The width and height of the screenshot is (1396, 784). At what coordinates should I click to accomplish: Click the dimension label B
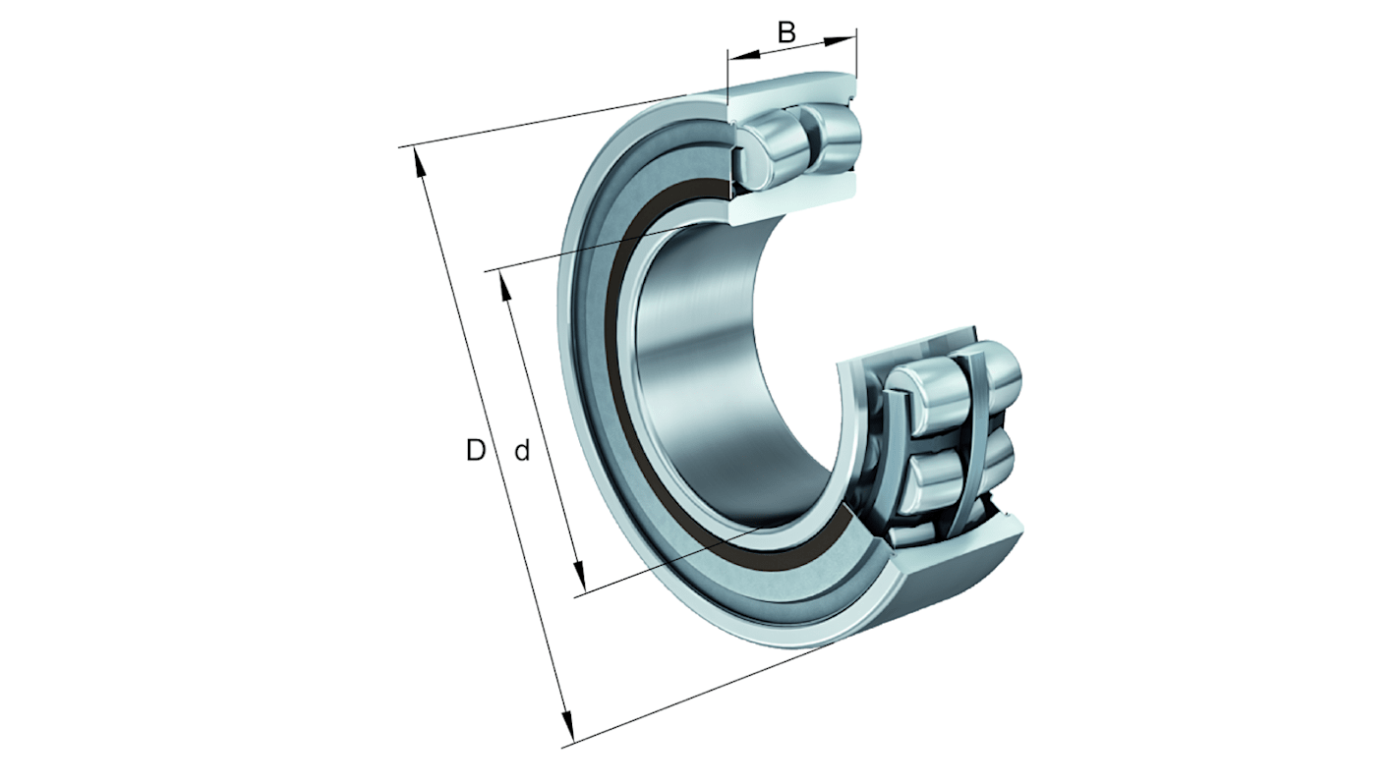[786, 31]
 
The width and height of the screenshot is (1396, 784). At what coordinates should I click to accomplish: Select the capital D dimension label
[476, 451]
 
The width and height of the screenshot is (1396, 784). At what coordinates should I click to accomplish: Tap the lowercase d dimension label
[522, 451]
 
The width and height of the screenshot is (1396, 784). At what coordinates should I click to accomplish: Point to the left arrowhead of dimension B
[735, 57]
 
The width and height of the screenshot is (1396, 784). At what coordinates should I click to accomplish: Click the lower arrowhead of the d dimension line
[579, 579]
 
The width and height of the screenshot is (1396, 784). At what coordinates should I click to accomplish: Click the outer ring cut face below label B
[791, 89]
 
